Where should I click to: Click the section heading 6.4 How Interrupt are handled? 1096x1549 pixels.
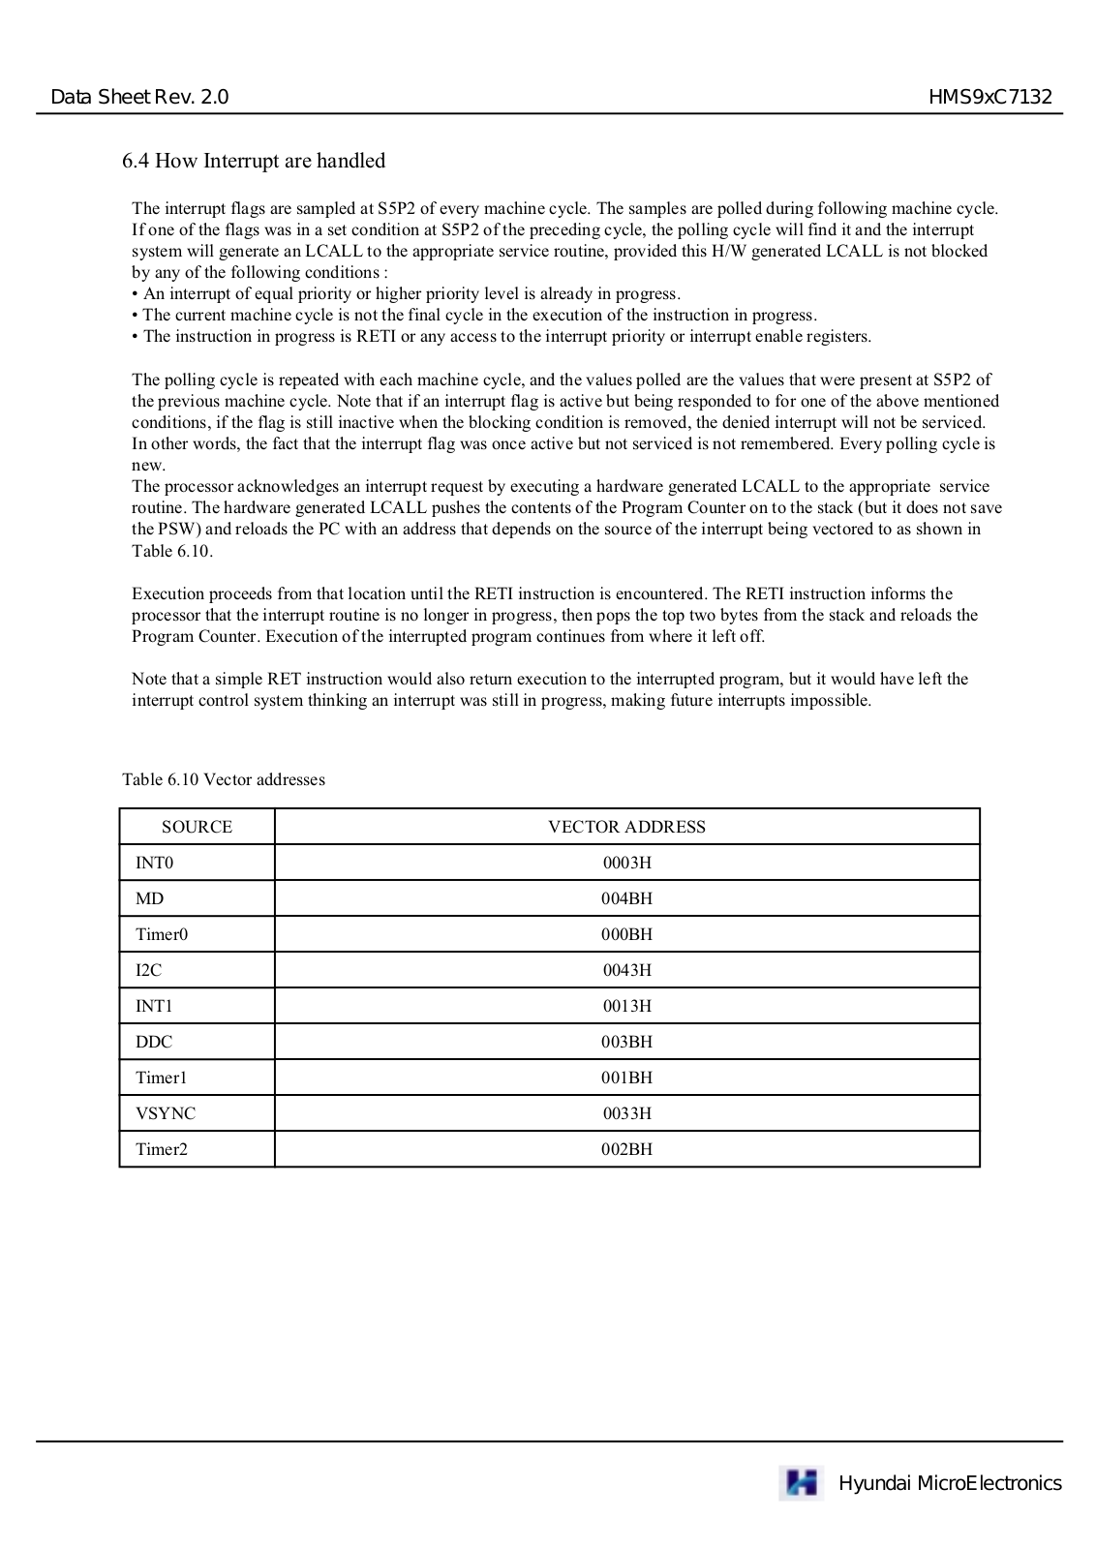pos(254,161)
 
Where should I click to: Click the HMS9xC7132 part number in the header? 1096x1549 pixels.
pos(989,97)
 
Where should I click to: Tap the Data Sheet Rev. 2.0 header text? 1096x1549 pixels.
pos(139,97)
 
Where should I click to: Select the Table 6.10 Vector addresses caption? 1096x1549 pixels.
pos(224,779)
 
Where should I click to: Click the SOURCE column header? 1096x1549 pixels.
pos(197,827)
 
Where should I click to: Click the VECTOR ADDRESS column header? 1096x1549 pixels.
pos(626,827)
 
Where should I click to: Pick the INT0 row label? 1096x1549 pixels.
pos(155,863)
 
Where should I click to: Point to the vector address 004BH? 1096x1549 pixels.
pos(626,898)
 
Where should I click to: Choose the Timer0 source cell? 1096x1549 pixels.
pos(162,934)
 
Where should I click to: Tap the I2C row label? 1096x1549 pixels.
pos(149,970)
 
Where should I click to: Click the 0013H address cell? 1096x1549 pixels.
pos(626,1006)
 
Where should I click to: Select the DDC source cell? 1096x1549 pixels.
pos(154,1042)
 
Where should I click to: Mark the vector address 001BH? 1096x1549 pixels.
pos(626,1078)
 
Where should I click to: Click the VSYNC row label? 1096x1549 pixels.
pos(166,1113)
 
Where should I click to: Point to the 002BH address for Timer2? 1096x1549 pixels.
pos(626,1149)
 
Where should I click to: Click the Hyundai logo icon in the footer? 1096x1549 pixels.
pos(802,1483)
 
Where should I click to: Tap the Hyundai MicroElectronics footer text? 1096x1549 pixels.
pos(950,1483)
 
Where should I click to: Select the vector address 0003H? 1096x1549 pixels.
pos(626,863)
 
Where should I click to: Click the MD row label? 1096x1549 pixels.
pos(150,898)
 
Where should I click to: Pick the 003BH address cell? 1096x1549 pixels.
pos(626,1042)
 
